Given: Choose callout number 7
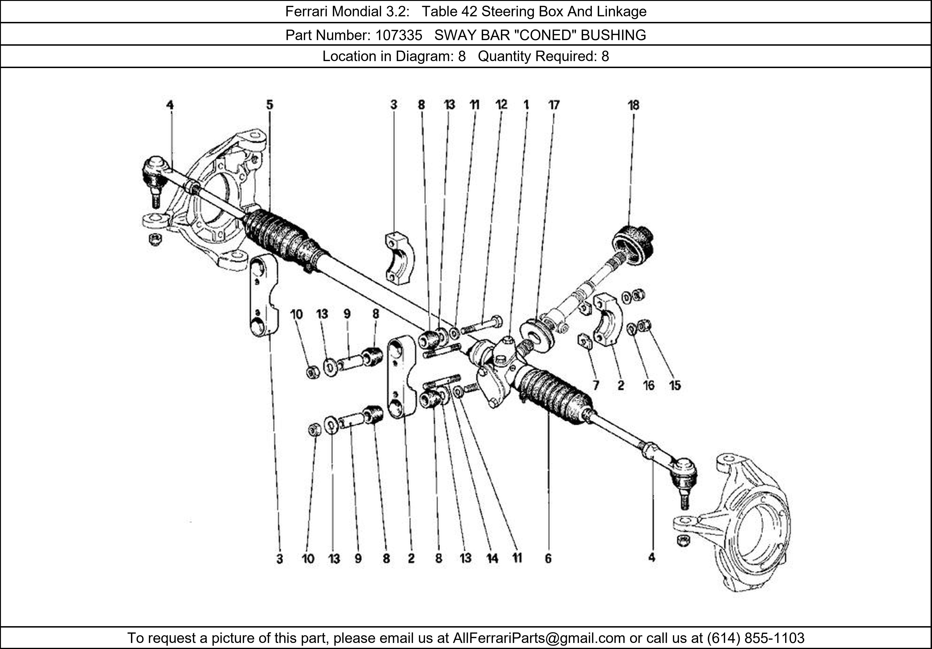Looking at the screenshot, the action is click(596, 385).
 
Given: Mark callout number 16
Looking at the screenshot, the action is click(649, 385).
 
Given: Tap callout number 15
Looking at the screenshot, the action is click(675, 385).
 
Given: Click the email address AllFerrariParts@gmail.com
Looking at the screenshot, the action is click(539, 638).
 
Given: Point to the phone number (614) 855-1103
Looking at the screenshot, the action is click(755, 638).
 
